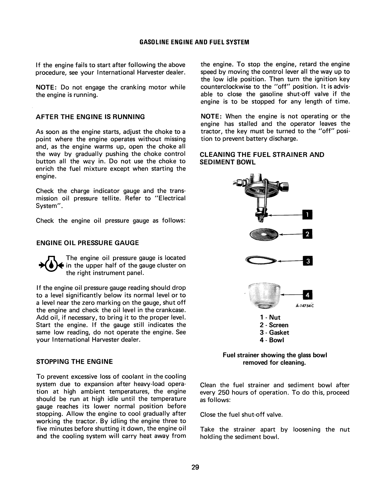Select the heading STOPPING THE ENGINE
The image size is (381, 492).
[x=75, y=362]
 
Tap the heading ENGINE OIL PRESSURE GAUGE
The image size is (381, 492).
[x=87, y=243]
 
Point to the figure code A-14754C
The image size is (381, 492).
[x=305, y=306]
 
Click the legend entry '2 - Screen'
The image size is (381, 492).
[x=274, y=325]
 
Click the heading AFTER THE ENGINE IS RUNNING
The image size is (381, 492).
[x=90, y=117]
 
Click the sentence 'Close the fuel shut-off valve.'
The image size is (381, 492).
[x=241, y=415]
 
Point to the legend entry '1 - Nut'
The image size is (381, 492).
[x=270, y=318]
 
